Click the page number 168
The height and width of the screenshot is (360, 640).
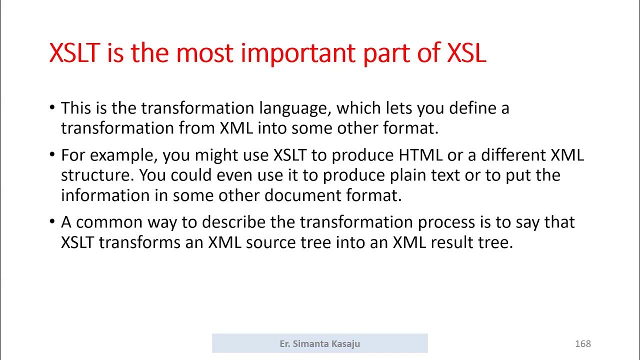[x=583, y=343]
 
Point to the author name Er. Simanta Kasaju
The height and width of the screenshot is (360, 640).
[x=320, y=343]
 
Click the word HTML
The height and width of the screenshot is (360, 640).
[x=420, y=155]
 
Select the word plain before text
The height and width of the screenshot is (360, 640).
[x=413, y=175]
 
